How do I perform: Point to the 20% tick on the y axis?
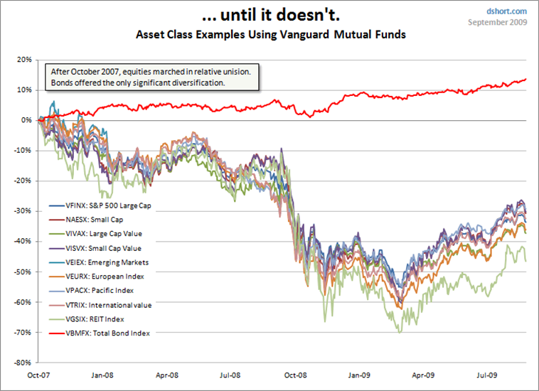coord(23,60)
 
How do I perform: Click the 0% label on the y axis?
coord(26,120)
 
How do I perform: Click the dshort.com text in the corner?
coord(506,11)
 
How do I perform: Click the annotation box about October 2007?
coord(152,78)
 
